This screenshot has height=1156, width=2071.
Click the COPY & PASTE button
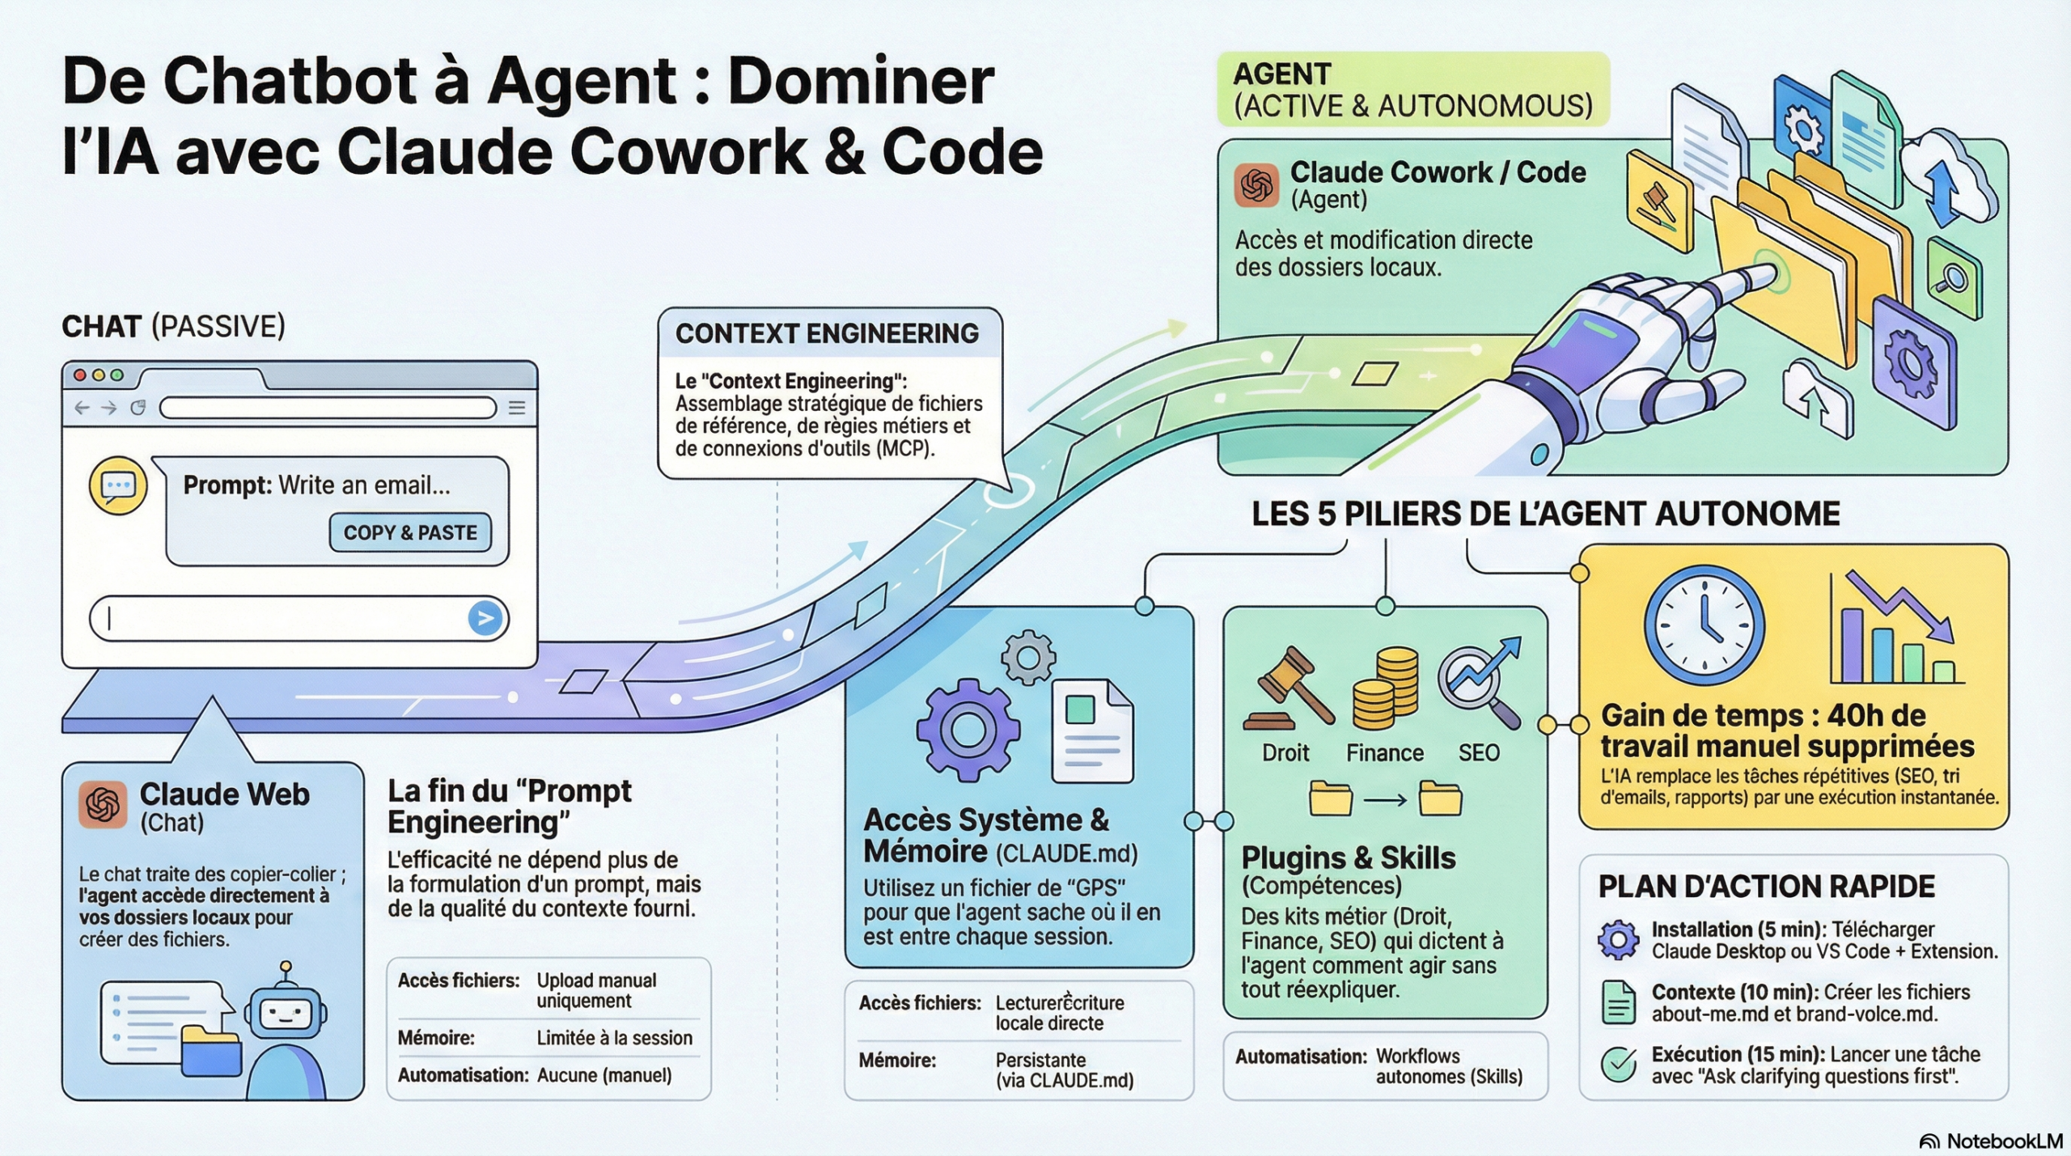410,532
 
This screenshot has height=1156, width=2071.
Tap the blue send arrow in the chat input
485,619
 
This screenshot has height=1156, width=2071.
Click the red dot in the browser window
79,375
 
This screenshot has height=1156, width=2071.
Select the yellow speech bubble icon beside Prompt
118,485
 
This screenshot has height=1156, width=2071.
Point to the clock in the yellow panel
1704,625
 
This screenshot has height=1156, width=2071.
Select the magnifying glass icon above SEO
1479,684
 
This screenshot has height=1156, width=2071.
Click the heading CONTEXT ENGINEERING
827,333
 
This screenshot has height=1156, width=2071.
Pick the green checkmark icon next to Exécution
1619,1065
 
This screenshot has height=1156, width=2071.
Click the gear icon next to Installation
1618,940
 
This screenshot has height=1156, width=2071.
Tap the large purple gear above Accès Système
968,730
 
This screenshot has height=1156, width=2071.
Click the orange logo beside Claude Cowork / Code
1256,185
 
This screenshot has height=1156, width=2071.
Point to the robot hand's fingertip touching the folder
1764,275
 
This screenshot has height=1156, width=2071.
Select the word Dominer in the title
861,81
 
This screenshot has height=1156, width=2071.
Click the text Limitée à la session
614,1038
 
